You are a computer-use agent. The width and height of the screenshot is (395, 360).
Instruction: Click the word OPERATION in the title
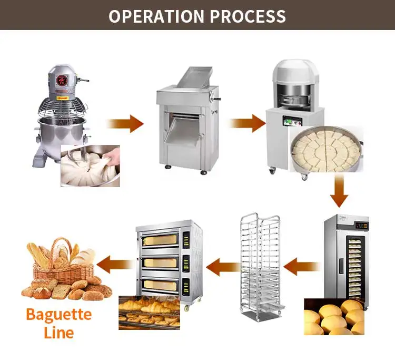[x=157, y=15]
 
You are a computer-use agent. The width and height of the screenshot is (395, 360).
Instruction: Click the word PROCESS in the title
[x=248, y=15]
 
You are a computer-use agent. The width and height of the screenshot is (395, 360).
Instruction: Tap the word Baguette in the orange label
[x=58, y=315]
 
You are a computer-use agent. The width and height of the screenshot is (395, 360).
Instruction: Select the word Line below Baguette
[x=58, y=333]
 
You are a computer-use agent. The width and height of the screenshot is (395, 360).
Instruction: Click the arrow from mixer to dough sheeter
[x=125, y=124]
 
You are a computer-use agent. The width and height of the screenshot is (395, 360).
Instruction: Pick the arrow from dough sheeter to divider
[x=248, y=124]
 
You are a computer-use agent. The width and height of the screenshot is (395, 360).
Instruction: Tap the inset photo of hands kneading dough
[x=90, y=166]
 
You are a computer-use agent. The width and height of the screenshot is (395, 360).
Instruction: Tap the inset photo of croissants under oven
[x=149, y=312]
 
